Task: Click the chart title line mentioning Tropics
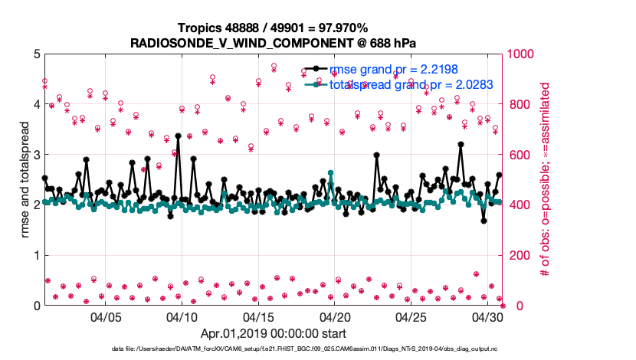(274, 28)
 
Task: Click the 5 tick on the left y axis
(36, 54)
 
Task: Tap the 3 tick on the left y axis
(36, 154)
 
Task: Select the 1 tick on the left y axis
(36, 255)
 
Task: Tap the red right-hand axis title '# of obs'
(546, 179)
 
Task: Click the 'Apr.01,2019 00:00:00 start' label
(274, 333)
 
